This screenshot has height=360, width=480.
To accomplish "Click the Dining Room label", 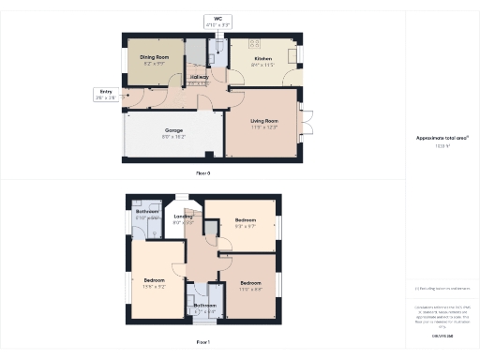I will [x=153, y=57].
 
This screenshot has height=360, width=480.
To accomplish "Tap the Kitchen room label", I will [x=263, y=57].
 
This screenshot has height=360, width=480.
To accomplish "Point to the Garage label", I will [x=173, y=130].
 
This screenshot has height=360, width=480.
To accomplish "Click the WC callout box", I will [x=218, y=21].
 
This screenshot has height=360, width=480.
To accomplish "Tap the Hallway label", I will [x=200, y=77].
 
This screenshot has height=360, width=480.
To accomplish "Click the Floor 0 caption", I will [x=203, y=173].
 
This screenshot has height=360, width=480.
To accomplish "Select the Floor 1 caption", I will [x=203, y=343].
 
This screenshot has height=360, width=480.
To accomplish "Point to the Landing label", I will [x=184, y=217].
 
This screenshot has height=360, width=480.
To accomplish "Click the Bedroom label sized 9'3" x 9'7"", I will [x=246, y=220].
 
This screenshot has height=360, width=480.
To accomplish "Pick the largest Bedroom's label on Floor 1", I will [x=155, y=280].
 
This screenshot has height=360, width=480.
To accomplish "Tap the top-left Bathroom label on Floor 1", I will [x=147, y=212].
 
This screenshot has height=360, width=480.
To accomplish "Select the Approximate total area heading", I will [x=442, y=138].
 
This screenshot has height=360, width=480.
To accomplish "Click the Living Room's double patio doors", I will [x=303, y=125].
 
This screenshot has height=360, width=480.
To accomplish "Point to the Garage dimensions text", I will [x=173, y=137].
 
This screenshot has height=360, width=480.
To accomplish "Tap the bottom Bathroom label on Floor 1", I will [x=205, y=305].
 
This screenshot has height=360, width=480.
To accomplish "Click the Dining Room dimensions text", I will [x=153, y=64].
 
